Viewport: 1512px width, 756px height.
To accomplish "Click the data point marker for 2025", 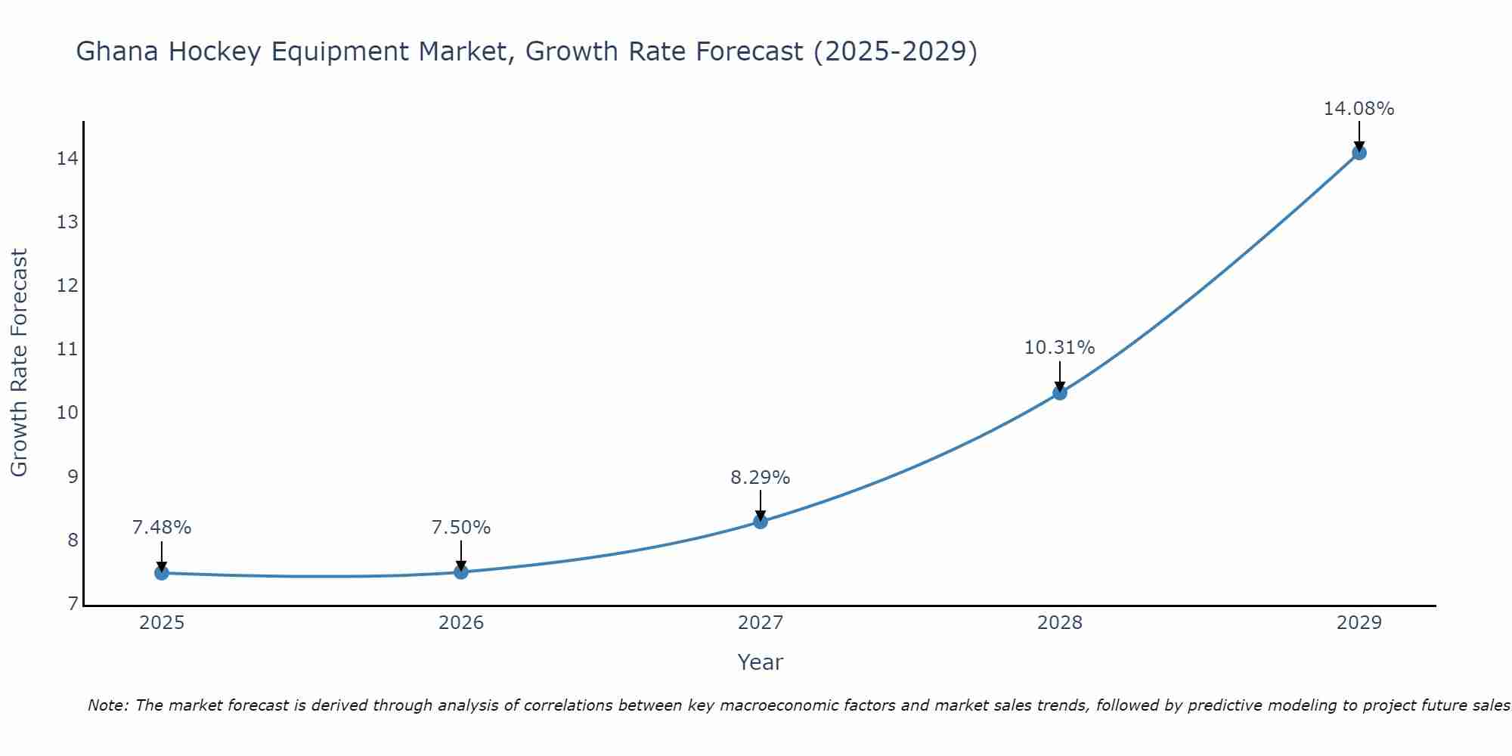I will (x=161, y=573).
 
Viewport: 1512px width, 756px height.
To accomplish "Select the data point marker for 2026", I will (x=460, y=572).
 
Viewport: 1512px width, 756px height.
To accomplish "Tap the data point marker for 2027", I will (x=760, y=522).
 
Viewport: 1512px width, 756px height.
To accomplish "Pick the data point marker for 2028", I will (x=1059, y=393).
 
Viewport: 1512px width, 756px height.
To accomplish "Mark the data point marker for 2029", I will (x=1359, y=153).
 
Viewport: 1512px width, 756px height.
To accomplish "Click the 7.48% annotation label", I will (x=161, y=528).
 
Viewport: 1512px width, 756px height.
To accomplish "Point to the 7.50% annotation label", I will (x=460, y=528).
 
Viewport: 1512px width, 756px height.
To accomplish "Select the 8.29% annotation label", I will (x=760, y=478).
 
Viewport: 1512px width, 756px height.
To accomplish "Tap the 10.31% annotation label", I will (x=1059, y=348).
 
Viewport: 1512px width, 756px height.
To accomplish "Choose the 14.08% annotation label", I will (x=1359, y=109).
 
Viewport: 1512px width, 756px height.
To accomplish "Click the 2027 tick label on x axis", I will (x=760, y=624).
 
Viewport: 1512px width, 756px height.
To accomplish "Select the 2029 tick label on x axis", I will (x=1359, y=624).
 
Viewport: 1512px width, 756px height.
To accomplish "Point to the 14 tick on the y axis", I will (x=67, y=159).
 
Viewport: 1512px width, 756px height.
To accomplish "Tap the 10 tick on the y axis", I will (x=67, y=413).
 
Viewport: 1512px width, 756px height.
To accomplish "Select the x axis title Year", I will (x=760, y=662).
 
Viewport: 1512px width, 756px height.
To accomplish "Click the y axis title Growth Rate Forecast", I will (x=19, y=363).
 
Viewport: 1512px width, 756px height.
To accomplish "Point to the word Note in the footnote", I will (x=108, y=705).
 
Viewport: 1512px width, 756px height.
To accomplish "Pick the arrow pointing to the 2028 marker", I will (x=1059, y=376).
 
